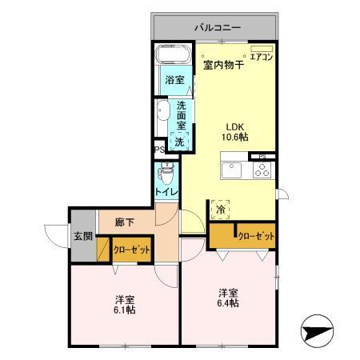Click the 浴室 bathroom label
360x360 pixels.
173,81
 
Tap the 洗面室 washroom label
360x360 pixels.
182,115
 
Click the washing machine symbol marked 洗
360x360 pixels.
180,142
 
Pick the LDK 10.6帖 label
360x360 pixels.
234,130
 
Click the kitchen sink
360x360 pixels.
232,170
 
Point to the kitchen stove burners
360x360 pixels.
262,170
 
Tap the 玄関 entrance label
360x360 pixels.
82,237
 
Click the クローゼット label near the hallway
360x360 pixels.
131,250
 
